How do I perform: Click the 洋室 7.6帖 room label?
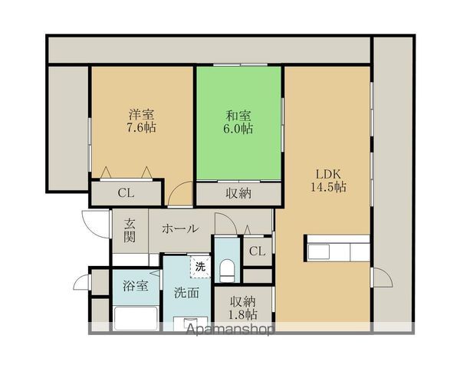click(x=141, y=121)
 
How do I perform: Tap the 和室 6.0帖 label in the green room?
click(x=238, y=122)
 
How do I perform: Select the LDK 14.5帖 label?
click(x=328, y=180)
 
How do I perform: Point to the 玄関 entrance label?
click(x=130, y=231)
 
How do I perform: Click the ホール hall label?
click(x=180, y=228)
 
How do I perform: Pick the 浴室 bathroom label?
click(x=136, y=285)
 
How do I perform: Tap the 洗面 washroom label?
click(x=186, y=293)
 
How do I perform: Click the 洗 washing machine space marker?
click(x=200, y=267)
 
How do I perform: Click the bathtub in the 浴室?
click(x=136, y=318)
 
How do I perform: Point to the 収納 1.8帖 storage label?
click(x=243, y=308)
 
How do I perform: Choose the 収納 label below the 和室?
click(x=238, y=193)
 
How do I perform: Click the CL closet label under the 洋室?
click(x=127, y=192)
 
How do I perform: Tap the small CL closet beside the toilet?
click(x=258, y=251)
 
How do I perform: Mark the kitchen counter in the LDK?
click(x=337, y=248)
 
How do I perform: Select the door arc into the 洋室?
click(x=179, y=193)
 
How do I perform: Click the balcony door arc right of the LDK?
click(x=383, y=277)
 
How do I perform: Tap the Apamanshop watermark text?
click(x=230, y=330)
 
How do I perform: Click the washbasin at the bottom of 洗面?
click(x=191, y=324)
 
